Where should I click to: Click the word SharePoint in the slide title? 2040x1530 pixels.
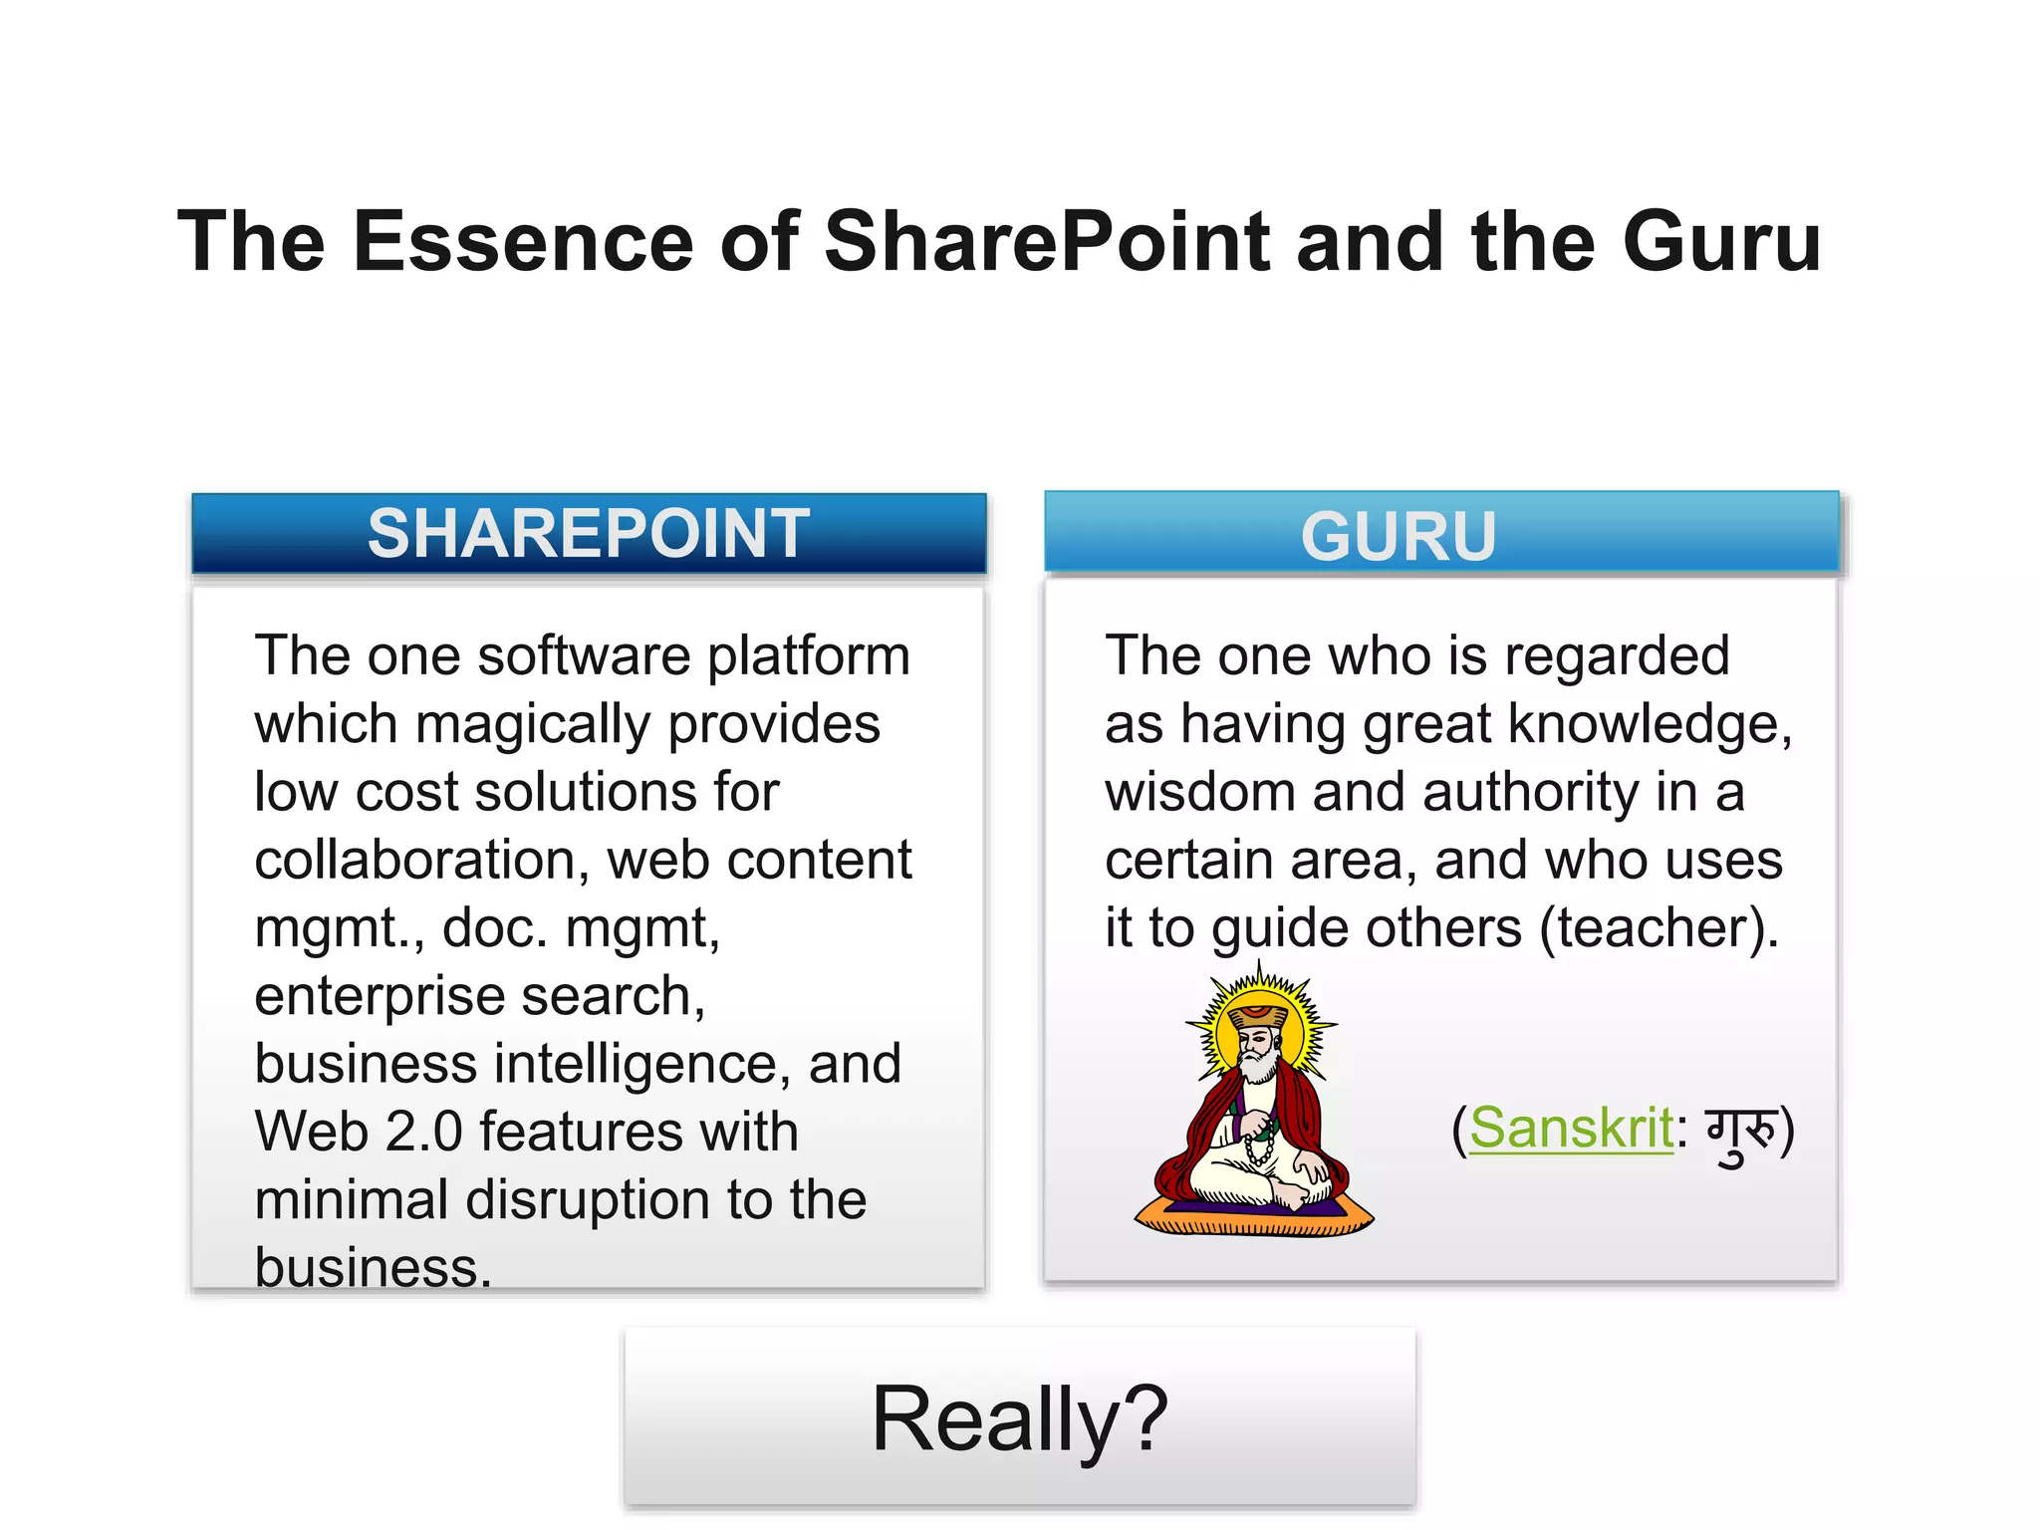coord(1047,242)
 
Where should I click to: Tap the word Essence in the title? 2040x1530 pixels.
coord(523,242)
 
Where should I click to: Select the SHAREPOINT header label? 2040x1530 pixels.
coord(589,533)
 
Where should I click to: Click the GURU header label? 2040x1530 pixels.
coord(1399,536)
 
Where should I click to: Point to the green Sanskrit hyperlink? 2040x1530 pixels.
coord(1571,1129)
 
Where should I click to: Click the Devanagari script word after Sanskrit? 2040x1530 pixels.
coord(1741,1134)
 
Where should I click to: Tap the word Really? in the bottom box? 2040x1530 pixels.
coord(1019,1418)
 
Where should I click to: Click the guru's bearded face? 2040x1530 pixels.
coord(1257,1051)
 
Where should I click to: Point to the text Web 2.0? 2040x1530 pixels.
coord(358,1132)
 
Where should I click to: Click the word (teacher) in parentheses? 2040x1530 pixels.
coord(1658,928)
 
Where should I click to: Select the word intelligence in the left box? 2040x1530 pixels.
coord(635,1064)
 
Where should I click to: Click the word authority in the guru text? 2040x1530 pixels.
coord(1529,793)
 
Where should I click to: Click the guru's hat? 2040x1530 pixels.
coord(1259,1014)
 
